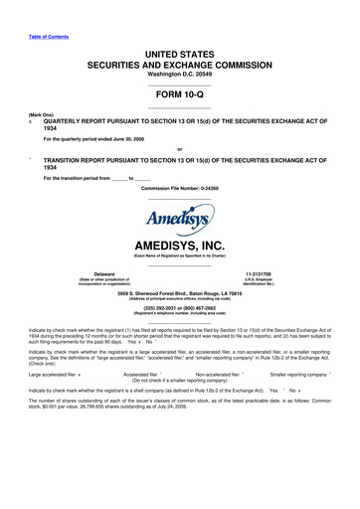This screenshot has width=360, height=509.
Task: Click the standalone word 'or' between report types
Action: coord(179,150)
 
